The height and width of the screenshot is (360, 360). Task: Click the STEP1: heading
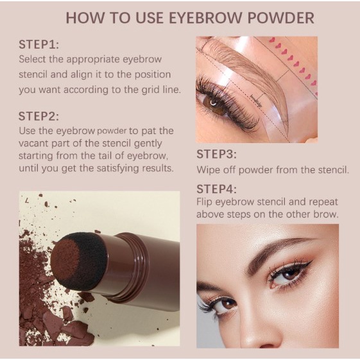click(x=39, y=45)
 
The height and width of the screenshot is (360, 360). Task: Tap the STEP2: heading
click(x=39, y=116)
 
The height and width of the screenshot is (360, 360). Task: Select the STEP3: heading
click(x=217, y=154)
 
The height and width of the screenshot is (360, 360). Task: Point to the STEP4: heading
click(x=217, y=189)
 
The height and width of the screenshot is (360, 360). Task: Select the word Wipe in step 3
click(x=209, y=170)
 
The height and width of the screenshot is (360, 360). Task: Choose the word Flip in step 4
click(x=206, y=201)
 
